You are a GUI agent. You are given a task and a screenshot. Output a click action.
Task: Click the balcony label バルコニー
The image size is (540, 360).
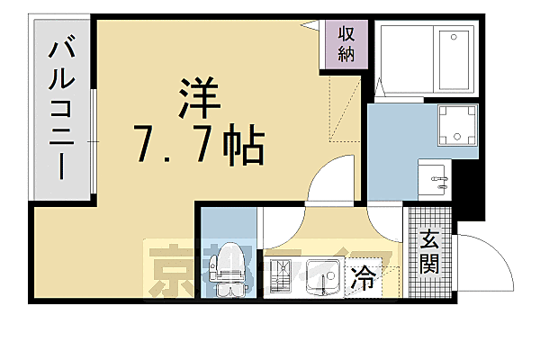click(63, 108)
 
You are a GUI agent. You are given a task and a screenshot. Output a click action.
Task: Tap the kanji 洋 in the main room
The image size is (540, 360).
click(198, 97)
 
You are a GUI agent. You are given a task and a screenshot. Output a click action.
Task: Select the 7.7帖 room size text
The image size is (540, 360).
click(197, 143)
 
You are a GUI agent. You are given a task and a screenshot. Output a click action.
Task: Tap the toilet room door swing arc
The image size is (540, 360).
click(274, 229)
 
